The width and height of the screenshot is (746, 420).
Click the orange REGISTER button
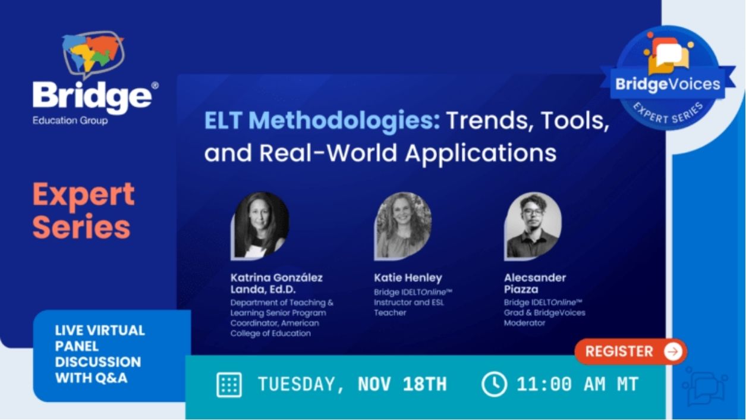click(630, 352)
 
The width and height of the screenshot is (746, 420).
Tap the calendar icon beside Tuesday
click(229, 385)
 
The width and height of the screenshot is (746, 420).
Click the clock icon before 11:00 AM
click(494, 384)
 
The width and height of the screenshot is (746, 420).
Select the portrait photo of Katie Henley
click(403, 225)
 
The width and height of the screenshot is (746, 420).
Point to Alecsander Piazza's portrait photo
click(532, 225)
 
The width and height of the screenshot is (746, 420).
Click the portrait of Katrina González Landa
click(260, 225)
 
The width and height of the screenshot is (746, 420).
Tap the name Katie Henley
click(408, 278)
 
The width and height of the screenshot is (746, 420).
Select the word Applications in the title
click(481, 153)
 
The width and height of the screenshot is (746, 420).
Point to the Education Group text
click(70, 121)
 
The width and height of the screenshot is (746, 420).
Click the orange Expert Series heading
click(83, 211)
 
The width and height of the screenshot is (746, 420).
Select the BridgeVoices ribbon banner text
click(668, 84)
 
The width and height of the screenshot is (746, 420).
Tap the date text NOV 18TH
click(402, 385)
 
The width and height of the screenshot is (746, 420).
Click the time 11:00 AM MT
click(577, 385)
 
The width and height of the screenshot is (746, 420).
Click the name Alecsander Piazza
click(534, 283)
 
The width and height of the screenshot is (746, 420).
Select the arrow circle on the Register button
click(672, 352)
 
